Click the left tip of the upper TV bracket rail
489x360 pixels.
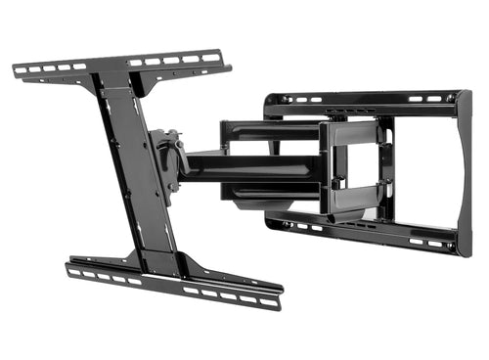[16, 69]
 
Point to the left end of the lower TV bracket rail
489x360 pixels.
[68, 266]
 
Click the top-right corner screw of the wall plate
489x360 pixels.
[451, 97]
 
